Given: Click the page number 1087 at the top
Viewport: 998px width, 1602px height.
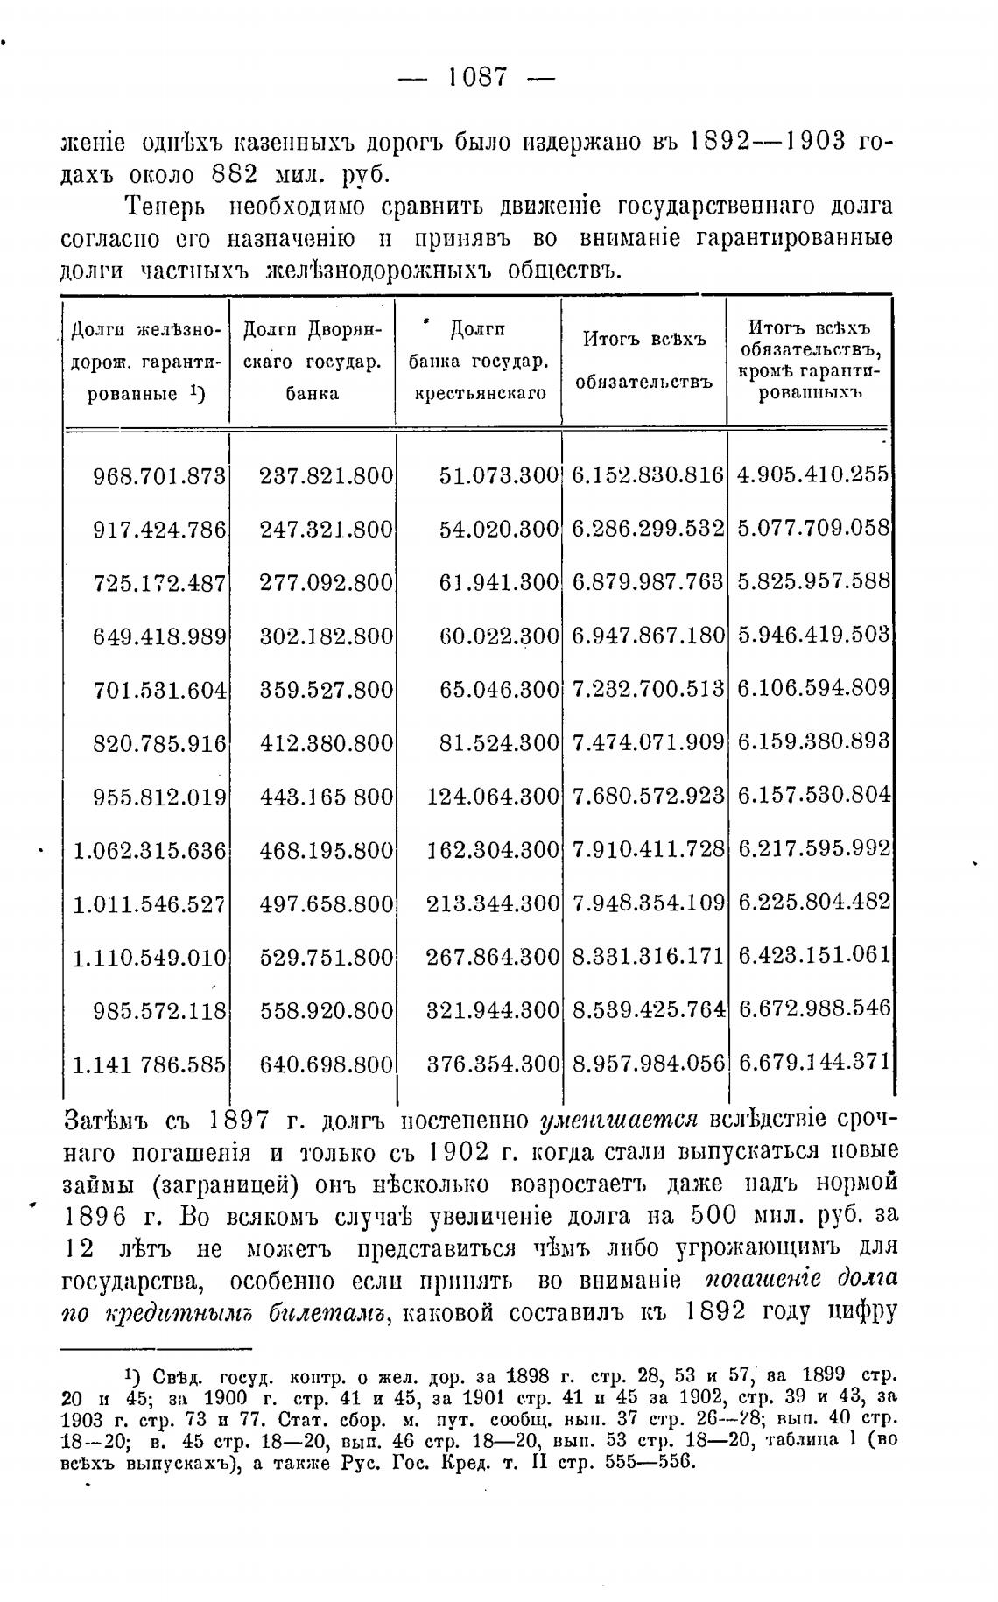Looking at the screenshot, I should tap(477, 78).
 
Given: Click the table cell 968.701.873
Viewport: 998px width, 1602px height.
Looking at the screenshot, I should tap(159, 476).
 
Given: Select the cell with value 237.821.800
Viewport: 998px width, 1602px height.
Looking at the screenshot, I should tap(326, 476).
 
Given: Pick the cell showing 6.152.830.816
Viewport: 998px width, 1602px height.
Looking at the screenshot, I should tap(648, 475).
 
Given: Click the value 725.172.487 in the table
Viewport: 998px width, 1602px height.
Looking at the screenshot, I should tap(159, 583).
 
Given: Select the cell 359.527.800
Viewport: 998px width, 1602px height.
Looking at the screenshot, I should tap(326, 690).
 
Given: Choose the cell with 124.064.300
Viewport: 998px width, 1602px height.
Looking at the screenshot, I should tap(492, 797).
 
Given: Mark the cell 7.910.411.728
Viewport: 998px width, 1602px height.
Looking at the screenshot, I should tap(648, 849).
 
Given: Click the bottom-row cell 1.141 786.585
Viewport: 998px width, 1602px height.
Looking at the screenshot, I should tap(149, 1064).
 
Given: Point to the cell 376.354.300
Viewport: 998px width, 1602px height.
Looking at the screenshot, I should tap(492, 1064).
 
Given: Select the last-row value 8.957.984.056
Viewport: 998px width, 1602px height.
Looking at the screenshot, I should tap(648, 1064).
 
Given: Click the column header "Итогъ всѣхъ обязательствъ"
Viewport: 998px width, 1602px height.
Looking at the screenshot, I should tap(643, 361).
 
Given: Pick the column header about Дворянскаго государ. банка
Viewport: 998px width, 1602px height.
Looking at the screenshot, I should tap(312, 361).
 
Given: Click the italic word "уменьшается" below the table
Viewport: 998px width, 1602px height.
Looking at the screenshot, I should tap(620, 1121).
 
